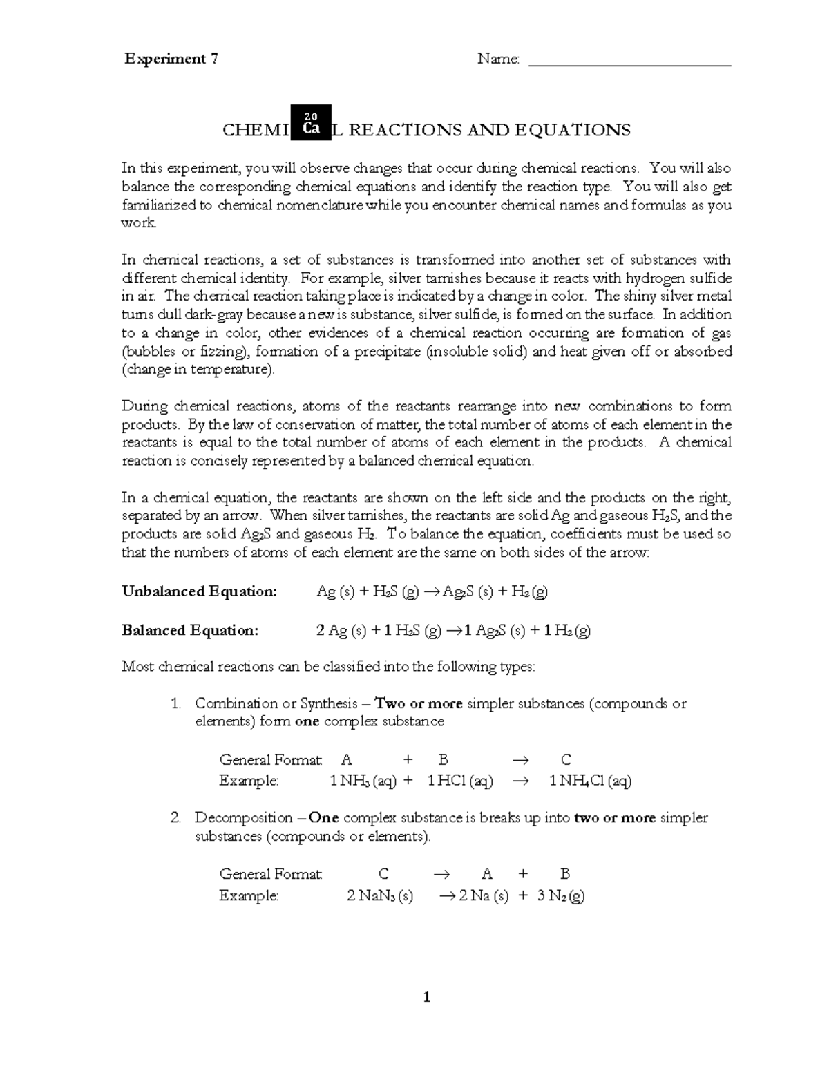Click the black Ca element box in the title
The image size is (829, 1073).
(x=311, y=122)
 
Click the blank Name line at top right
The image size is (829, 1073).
(x=629, y=64)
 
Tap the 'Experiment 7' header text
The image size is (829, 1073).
(x=171, y=59)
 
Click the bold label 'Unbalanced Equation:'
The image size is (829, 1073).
(x=199, y=591)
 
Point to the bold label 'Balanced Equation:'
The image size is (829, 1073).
(x=190, y=630)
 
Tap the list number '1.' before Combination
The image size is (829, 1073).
(x=175, y=703)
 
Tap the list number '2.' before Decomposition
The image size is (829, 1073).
(x=175, y=818)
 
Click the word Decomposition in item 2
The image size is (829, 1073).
(x=244, y=818)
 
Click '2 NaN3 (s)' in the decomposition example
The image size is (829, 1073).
(x=379, y=896)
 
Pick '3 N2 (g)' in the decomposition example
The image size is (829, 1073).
(x=560, y=896)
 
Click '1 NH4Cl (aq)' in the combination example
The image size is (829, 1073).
(x=590, y=781)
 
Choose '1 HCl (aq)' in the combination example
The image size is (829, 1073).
(x=459, y=781)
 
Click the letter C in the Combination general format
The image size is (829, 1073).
(x=566, y=760)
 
